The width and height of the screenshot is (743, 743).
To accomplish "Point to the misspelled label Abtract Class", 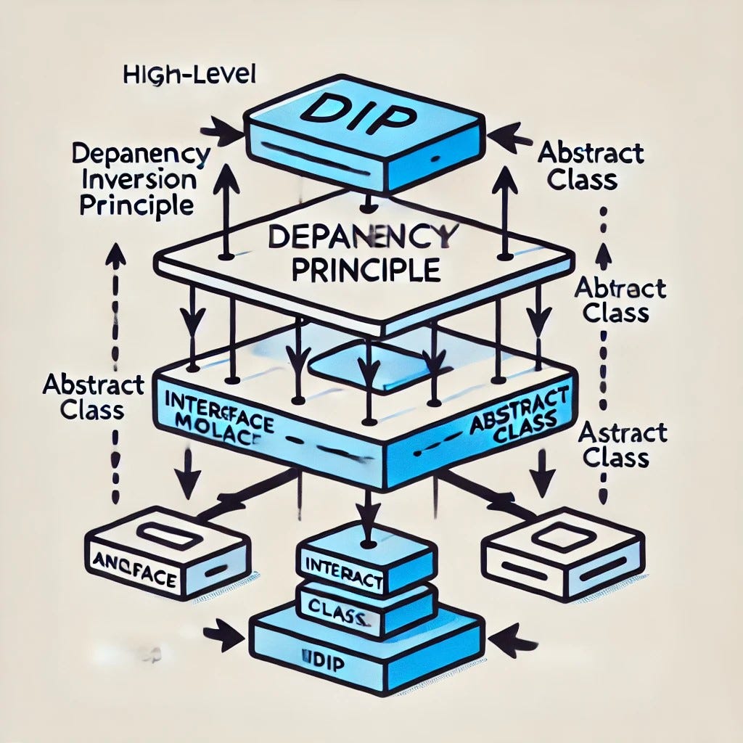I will click(610, 300).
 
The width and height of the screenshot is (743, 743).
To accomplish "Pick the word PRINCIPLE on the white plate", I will click(366, 270).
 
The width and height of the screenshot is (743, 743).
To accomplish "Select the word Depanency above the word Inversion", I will click(141, 155).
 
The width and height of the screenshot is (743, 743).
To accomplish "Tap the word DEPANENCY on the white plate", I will click(363, 239).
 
